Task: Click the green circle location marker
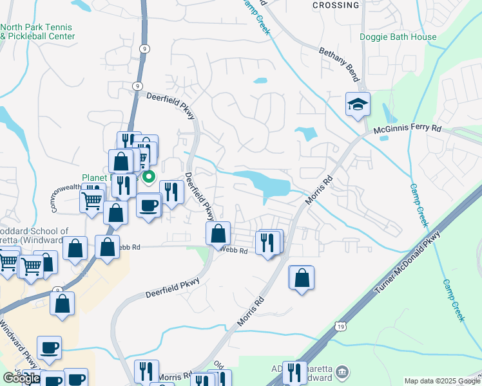tap(149, 176)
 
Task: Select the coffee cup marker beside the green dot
tap(149, 206)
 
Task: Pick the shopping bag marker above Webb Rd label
tap(218, 233)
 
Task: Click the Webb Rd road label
tap(234, 250)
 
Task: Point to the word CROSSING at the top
tap(336, 5)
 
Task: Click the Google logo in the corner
tap(21, 378)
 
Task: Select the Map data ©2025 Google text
tap(442, 381)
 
